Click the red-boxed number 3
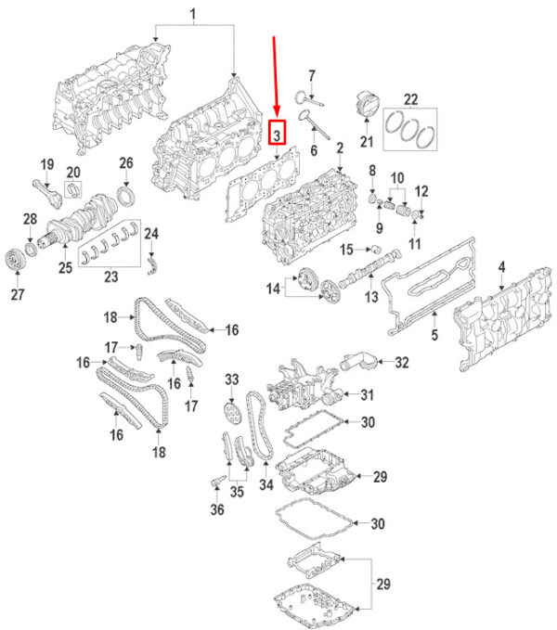277,132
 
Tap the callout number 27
18,294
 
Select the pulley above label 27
15,260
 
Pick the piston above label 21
368,104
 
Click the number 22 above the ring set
410,99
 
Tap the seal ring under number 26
125,196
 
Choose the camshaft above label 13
369,267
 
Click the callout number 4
501,267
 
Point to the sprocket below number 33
230,413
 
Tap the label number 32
401,362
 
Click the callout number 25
66,267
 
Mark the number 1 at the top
193,14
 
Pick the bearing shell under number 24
152,266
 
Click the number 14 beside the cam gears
273,289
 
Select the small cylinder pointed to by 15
376,249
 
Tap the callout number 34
266,484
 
